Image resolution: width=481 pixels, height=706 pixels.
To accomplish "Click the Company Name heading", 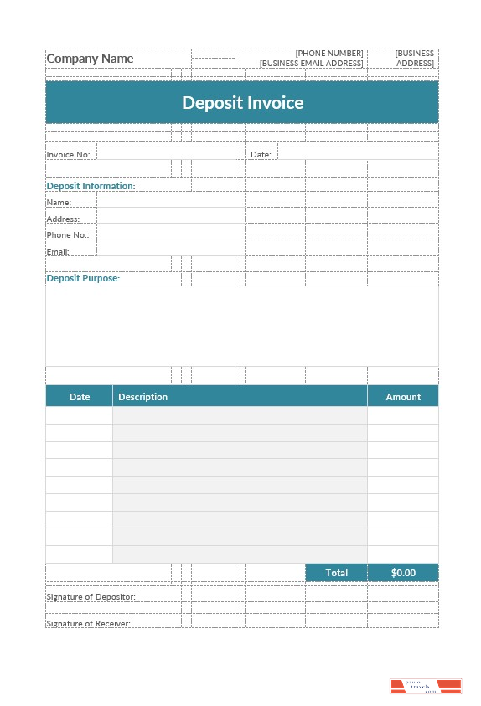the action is coord(90,59).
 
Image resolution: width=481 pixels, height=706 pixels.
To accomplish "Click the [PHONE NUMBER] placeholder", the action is coord(329,54).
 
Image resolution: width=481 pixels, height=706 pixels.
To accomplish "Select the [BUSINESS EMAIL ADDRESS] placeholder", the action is coord(312,64).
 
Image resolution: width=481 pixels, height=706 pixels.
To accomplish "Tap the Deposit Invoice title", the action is coord(242,103).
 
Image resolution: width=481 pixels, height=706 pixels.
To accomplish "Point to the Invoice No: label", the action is coord(68,155).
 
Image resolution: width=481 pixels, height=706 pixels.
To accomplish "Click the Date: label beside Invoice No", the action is coord(261,155).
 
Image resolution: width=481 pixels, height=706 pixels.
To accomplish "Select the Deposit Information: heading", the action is coord(91,186).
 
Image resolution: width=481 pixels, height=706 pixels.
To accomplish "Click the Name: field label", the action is coord(59,203).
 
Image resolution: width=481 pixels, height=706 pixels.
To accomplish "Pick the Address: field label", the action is coord(63,219).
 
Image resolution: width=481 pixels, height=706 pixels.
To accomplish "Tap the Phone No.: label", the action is coord(68,235).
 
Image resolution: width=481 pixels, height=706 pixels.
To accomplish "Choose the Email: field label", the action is coord(58,252).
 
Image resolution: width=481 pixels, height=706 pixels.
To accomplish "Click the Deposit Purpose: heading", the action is coord(83,278).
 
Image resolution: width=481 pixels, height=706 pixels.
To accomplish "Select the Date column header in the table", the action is coord(80,397).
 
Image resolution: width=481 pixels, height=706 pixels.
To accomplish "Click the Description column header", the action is coord(142,397).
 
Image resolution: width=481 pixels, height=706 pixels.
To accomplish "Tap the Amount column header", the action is coord(403,397).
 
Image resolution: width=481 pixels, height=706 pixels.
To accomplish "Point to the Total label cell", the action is coord(336,573).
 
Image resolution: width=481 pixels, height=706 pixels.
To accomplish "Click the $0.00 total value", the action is coord(403,573).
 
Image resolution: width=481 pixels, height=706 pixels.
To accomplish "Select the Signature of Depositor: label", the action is coord(91,597).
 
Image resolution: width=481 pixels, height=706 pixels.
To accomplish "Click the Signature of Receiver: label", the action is coord(88,624).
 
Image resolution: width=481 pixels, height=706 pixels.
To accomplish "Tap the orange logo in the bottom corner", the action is coord(426,687).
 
